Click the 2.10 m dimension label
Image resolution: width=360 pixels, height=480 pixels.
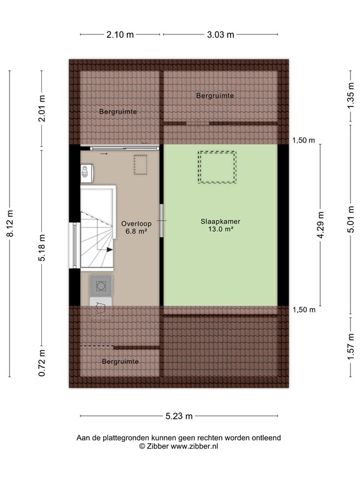point(120,34)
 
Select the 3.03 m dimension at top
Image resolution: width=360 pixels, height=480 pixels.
point(221,34)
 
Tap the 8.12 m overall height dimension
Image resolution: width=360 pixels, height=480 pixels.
point(10,224)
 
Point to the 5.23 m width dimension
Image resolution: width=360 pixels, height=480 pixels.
point(179,416)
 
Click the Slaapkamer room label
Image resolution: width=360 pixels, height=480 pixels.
point(221,221)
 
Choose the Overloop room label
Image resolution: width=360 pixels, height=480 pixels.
point(136,224)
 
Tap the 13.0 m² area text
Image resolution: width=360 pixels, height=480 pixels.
point(221,229)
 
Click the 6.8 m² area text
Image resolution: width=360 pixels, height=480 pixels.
point(136,231)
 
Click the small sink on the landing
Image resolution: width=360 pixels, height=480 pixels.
point(87,173)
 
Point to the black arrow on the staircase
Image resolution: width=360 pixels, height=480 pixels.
point(109,250)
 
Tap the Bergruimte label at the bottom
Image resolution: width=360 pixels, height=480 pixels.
point(120,361)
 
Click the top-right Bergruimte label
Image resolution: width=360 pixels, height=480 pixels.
point(215,96)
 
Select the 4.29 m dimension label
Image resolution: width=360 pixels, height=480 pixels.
point(321,224)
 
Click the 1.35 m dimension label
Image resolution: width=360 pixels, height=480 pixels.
point(351,95)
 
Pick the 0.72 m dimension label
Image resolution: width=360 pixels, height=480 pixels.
point(42,363)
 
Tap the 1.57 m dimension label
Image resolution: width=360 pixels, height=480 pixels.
point(351,347)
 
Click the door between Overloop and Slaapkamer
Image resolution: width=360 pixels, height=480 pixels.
point(161,221)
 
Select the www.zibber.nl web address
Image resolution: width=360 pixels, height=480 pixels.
point(194,446)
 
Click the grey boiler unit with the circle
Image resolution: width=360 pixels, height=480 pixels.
point(101,286)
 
